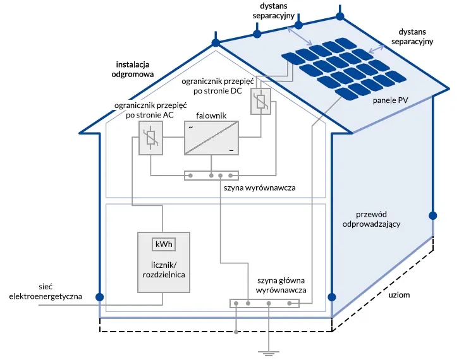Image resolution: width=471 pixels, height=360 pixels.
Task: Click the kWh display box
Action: [x=162, y=244]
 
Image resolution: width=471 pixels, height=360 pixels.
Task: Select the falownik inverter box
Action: [x=212, y=138]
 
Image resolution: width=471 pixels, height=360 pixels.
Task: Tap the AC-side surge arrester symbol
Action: [x=150, y=136]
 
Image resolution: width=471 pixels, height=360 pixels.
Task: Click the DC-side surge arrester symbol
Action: [x=260, y=102]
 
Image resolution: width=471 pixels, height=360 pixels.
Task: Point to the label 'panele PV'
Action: [x=388, y=100]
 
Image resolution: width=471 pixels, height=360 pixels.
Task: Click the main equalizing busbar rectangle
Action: [x=264, y=304]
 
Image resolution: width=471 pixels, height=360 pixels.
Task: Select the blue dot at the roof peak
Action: [x=216, y=43]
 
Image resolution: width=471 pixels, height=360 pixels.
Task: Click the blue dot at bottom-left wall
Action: [x=99, y=297]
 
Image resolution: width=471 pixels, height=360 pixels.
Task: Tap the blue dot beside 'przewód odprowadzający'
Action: [x=432, y=215]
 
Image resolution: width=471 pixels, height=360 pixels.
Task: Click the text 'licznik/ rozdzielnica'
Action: [x=162, y=270]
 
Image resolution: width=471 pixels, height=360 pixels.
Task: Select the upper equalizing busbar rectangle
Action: [x=212, y=175]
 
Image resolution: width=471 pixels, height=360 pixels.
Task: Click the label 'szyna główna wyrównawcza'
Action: [x=281, y=285]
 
